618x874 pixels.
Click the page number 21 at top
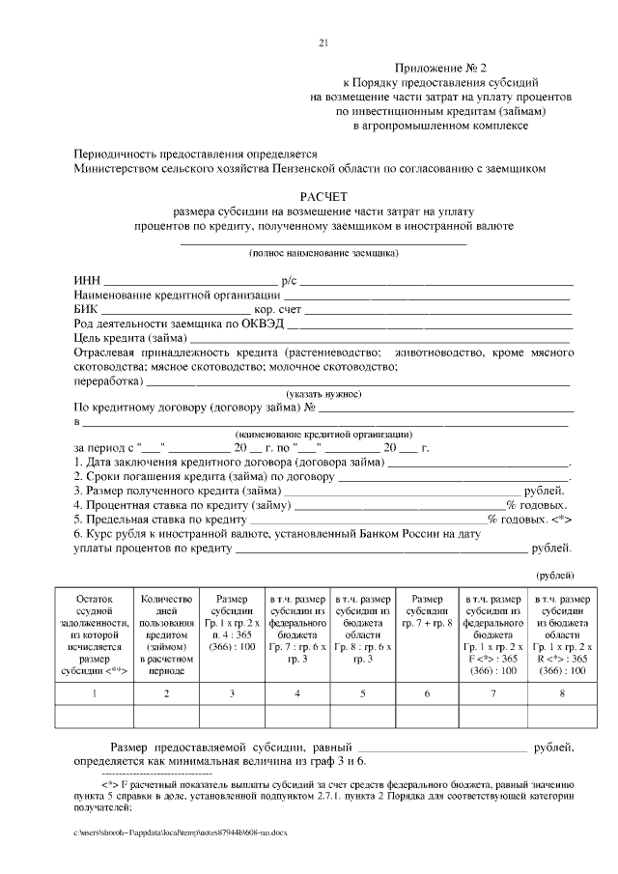point(323,42)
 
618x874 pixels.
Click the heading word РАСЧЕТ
point(323,195)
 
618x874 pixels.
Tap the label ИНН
point(88,280)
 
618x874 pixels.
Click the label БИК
point(87,308)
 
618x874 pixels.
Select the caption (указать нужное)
point(323,394)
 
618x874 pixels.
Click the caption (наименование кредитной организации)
point(323,435)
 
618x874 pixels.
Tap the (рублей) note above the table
point(555,576)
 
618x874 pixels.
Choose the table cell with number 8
point(561,693)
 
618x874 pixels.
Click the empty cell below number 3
point(232,716)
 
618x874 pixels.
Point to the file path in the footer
point(180,831)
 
